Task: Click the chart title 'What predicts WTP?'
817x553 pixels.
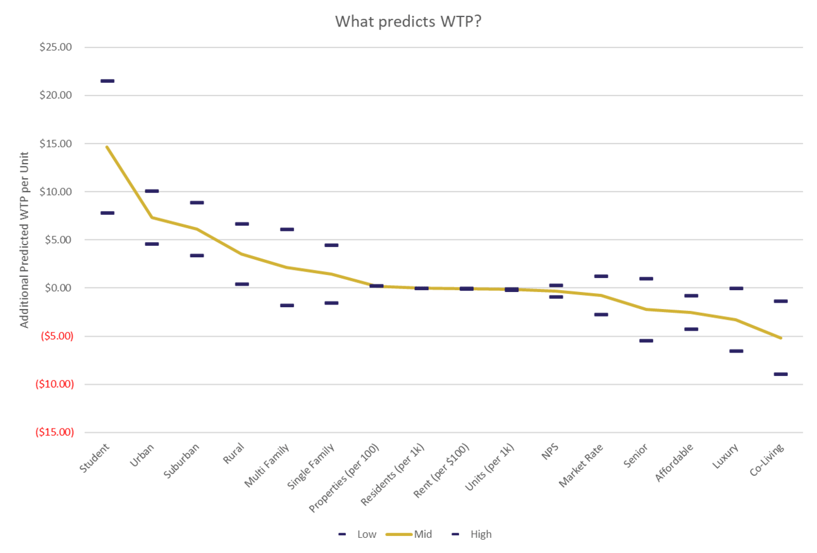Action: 409,21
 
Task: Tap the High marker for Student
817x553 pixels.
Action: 107,81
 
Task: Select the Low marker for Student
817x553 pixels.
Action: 107,213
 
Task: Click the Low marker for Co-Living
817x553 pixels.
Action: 780,374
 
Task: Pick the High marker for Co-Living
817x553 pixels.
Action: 780,301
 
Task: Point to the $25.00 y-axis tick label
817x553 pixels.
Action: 56,47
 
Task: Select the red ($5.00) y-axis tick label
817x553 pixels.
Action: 56,336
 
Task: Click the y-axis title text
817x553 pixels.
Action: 25,240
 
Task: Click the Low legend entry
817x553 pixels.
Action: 359,535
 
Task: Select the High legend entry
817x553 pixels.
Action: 472,535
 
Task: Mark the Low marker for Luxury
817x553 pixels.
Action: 736,351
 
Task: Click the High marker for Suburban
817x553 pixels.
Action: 197,202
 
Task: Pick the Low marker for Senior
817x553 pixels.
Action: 646,341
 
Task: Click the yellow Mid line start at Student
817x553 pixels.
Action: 107,147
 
